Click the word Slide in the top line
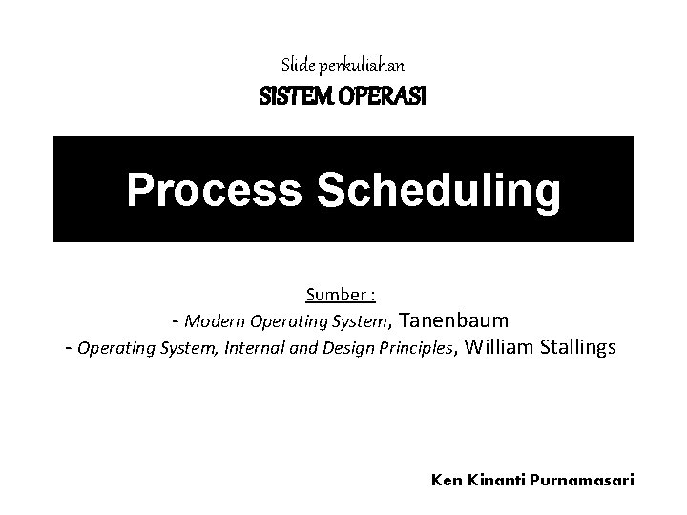(294, 66)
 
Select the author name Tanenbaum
(451, 319)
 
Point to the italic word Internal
(253, 348)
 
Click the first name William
(501, 347)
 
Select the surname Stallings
(578, 347)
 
